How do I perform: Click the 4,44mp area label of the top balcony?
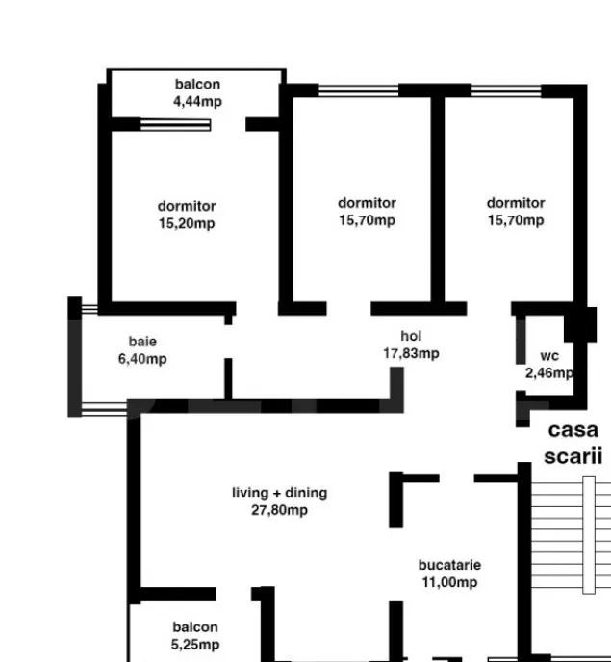tap(197, 101)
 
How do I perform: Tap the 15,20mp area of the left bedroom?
tap(187, 223)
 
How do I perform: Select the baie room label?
tap(142, 342)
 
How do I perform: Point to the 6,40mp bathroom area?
tap(142, 359)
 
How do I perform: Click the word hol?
tap(411, 336)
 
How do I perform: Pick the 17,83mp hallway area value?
tap(411, 353)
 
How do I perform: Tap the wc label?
tap(549, 356)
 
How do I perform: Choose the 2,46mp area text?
tap(548, 372)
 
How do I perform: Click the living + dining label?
tap(280, 493)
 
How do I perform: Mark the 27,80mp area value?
tap(280, 510)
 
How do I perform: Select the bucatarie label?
tap(449, 565)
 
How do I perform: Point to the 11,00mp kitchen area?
tap(449, 582)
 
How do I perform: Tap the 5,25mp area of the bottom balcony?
tap(195, 645)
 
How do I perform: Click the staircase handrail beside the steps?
tap(589, 535)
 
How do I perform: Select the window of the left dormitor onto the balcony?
tap(175, 125)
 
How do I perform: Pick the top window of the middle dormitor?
tap(359, 90)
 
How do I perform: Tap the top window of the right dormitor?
tap(506, 90)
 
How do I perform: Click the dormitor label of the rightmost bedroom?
tap(516, 203)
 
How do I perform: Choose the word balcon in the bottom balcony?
tap(195, 627)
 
